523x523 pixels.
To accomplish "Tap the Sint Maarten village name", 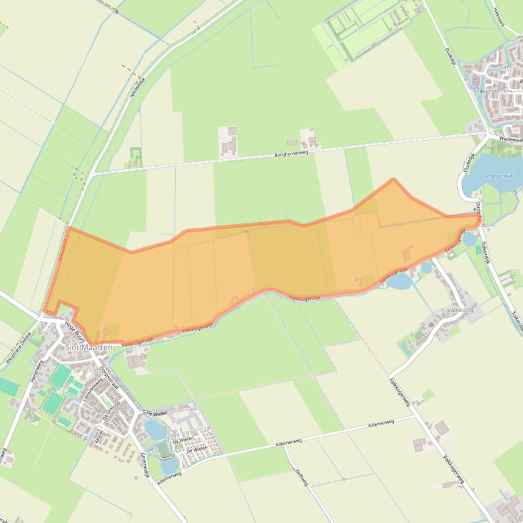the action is click(x=88, y=347).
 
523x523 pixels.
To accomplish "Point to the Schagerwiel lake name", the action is click(x=499, y=175).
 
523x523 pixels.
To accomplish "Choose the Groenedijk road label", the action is click(x=144, y=465).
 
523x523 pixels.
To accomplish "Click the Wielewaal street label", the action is click(x=510, y=138).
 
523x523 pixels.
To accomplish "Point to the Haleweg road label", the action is click(x=500, y=20).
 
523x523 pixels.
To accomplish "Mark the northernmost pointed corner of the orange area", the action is click(x=393, y=179).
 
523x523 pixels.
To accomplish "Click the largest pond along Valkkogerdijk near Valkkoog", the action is click(x=400, y=280).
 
